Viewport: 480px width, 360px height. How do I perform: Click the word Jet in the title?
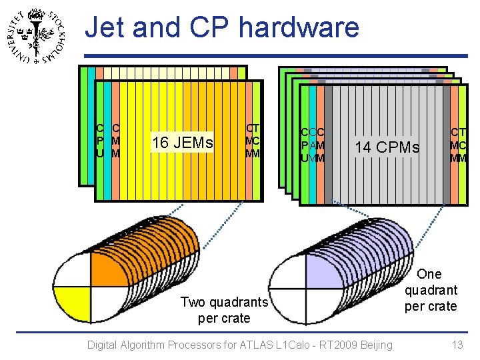(x=107, y=28)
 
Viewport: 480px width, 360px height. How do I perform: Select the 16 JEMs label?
(x=183, y=142)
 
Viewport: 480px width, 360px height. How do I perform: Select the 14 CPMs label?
(x=387, y=147)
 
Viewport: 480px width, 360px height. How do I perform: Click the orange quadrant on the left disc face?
(x=105, y=269)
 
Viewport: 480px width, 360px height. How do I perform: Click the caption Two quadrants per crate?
(x=224, y=310)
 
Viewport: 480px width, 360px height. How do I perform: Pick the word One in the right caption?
(x=429, y=274)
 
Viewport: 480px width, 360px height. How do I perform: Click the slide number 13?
(x=457, y=345)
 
